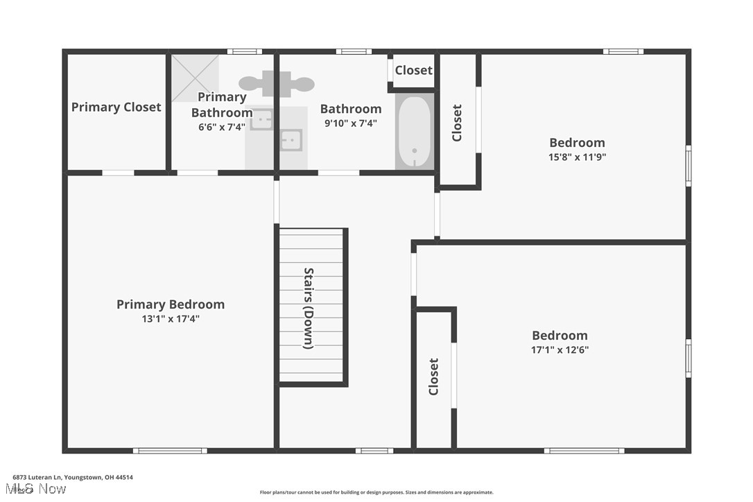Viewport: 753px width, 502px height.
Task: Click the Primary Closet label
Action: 116,107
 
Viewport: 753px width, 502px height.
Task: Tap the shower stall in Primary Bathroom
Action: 195,78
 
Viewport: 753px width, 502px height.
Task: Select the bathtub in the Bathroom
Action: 414,132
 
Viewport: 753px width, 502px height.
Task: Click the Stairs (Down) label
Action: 309,308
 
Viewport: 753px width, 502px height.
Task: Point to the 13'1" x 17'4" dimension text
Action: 171,319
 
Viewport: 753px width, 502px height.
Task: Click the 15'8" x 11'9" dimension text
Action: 578,157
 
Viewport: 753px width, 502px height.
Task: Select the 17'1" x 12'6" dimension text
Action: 560,349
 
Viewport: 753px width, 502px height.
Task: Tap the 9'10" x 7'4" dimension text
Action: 350,123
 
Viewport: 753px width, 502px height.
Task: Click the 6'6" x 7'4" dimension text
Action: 222,127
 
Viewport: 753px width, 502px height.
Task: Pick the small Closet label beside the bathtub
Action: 413,70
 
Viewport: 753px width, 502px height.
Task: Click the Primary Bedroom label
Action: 171,304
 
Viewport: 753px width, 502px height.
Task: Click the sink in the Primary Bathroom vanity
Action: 261,121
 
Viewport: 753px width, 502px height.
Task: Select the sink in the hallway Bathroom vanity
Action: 291,140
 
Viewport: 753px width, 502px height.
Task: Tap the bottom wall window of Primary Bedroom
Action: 170,451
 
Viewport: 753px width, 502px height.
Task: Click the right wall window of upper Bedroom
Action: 688,165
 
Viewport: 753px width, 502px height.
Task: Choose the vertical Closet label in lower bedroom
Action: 433,376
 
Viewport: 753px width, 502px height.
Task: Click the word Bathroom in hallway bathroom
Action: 350,109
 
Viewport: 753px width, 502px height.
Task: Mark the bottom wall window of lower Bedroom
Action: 584,451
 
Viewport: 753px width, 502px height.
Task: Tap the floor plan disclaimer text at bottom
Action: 376,492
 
